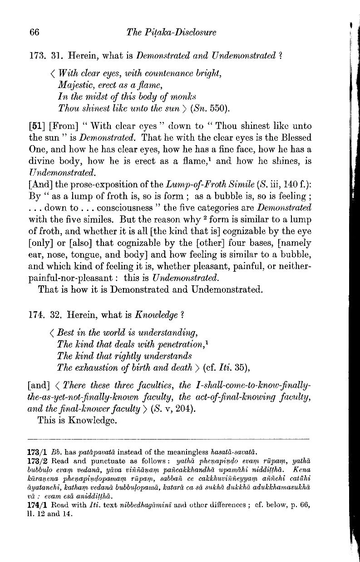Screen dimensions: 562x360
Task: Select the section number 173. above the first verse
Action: pyautogui.click(x=36, y=56)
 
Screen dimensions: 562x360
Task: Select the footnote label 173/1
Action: pyautogui.click(x=38, y=452)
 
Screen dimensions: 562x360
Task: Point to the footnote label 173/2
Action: pyautogui.click(x=38, y=461)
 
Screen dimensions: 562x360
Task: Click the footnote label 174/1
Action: pyautogui.click(x=38, y=506)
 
